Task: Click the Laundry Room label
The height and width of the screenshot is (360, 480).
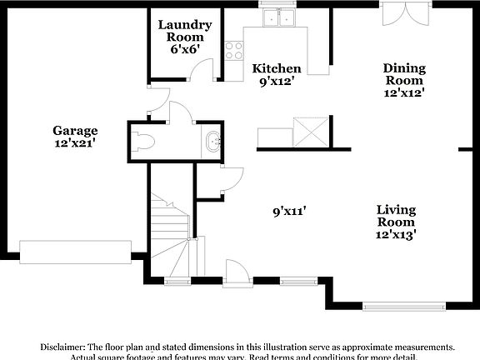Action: (x=184, y=31)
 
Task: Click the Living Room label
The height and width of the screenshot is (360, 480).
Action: (x=395, y=216)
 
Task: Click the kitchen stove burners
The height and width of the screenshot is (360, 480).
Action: (x=234, y=49)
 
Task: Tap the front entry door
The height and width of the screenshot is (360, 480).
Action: (x=237, y=272)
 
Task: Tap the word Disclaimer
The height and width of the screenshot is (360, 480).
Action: (x=62, y=346)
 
